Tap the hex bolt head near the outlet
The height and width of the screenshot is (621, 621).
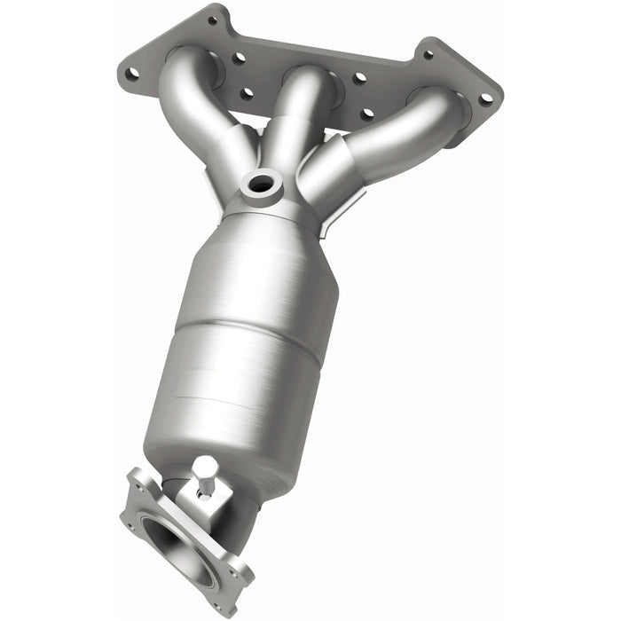206,465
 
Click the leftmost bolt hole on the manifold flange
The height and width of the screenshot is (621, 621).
131,75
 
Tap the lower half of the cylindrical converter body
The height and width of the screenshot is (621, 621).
235,390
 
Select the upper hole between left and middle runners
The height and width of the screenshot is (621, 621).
239,59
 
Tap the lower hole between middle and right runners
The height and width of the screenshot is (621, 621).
366,114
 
